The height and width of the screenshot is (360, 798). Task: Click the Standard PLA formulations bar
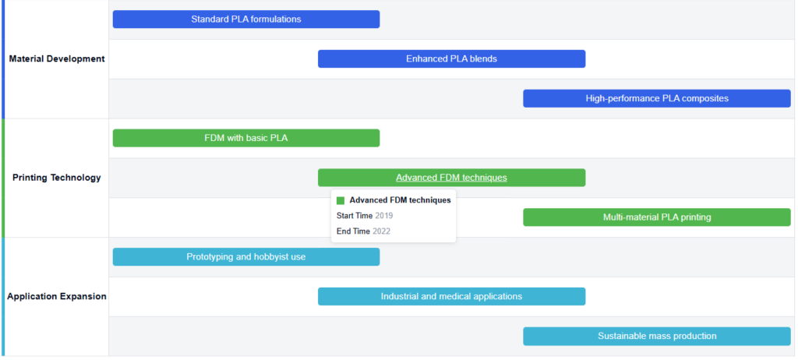click(246, 19)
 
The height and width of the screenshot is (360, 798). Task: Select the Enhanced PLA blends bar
click(451, 59)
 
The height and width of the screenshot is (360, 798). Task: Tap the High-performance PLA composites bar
click(657, 98)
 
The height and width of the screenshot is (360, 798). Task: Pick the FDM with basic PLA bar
click(246, 138)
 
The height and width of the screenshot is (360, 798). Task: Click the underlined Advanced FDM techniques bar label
click(451, 178)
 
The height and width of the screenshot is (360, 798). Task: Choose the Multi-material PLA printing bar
click(657, 217)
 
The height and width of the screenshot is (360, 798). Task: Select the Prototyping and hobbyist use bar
click(246, 256)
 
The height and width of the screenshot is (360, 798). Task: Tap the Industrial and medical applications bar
click(451, 296)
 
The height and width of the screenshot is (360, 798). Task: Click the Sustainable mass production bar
click(657, 336)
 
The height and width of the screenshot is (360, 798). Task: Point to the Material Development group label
click(57, 58)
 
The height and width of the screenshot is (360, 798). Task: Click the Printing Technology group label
click(57, 178)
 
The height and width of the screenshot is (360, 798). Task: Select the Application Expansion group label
click(57, 296)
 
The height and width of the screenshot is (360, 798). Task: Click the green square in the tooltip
click(341, 200)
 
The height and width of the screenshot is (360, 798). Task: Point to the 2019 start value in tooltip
click(384, 216)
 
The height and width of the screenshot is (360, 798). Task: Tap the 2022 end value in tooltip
click(382, 231)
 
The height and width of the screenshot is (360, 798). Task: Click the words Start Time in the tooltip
click(355, 216)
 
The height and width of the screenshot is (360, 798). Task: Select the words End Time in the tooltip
click(353, 231)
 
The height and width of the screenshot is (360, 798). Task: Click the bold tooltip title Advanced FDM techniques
click(400, 200)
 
